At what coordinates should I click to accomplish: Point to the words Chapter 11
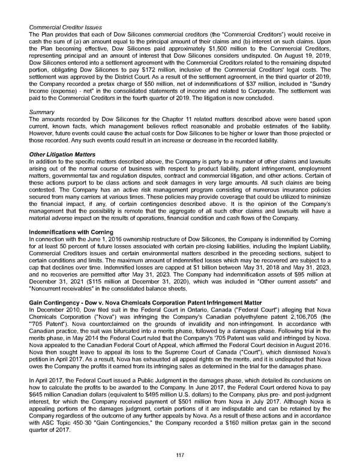coord(180,121)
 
